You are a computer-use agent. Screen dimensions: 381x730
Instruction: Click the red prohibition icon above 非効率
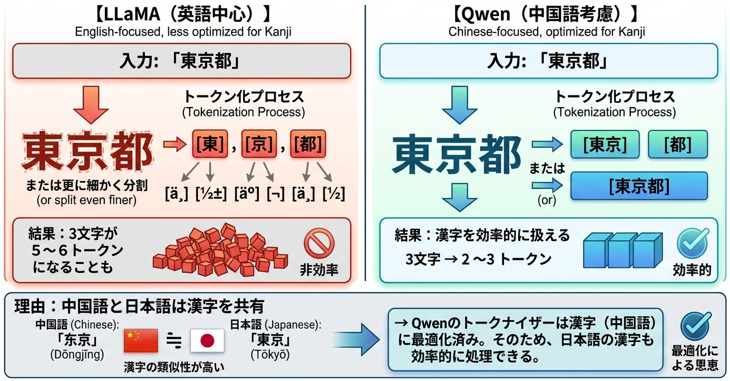coord(319,244)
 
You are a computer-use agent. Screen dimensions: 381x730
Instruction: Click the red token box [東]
coord(209,144)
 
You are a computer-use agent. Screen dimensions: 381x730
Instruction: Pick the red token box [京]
coord(258,144)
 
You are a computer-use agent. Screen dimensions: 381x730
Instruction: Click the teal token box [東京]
coord(603,144)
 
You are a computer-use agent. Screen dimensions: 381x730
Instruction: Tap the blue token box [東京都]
coord(639,186)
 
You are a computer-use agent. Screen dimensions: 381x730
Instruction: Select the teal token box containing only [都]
coord(678,144)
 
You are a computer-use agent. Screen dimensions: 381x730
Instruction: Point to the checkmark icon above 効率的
coord(693,243)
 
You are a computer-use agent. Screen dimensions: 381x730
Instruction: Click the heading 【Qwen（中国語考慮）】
coord(547,12)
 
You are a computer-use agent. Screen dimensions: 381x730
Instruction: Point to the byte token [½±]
coord(211,193)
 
